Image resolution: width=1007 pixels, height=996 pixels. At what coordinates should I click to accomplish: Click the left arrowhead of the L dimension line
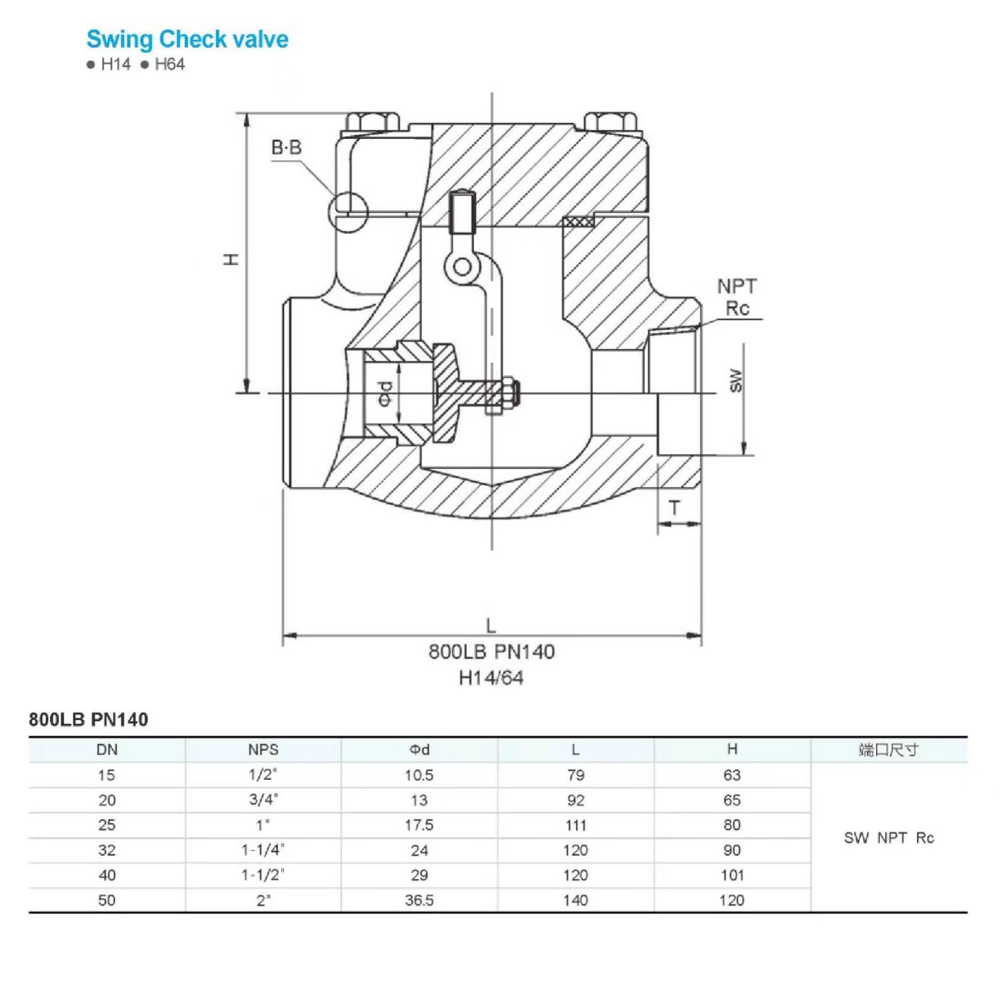click(289, 636)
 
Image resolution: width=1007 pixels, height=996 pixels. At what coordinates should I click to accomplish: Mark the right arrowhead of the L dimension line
click(694, 636)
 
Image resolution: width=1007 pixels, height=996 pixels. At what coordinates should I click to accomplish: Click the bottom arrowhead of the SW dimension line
click(744, 448)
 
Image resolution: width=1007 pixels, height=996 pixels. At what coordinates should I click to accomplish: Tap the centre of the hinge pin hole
click(463, 267)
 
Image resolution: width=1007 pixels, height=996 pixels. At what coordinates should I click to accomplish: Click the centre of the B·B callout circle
click(348, 212)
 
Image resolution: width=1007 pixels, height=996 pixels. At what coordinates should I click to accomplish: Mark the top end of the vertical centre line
click(492, 93)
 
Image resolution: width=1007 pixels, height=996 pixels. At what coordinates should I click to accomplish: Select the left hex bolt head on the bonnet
click(372, 122)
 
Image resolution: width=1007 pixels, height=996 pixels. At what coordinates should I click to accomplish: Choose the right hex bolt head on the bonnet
click(611, 122)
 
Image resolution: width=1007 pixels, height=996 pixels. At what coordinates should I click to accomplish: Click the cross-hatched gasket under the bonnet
click(578, 221)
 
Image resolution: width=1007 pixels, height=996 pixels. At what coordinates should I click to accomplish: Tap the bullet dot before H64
click(144, 65)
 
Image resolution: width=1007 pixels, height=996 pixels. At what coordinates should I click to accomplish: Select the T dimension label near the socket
click(675, 508)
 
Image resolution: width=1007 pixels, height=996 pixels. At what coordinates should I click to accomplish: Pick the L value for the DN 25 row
click(576, 825)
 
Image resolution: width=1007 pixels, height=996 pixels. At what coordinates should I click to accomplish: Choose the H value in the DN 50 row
click(732, 900)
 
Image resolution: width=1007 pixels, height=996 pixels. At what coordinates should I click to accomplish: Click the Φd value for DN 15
click(419, 775)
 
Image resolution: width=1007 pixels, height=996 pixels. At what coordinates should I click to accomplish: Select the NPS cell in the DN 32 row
click(263, 850)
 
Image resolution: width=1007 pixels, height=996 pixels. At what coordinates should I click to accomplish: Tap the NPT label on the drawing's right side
click(737, 287)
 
